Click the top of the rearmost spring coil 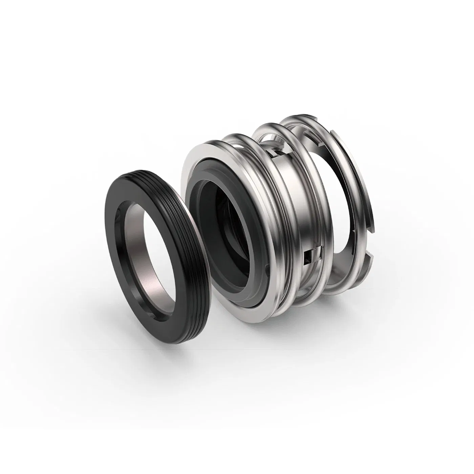[x=298, y=118]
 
